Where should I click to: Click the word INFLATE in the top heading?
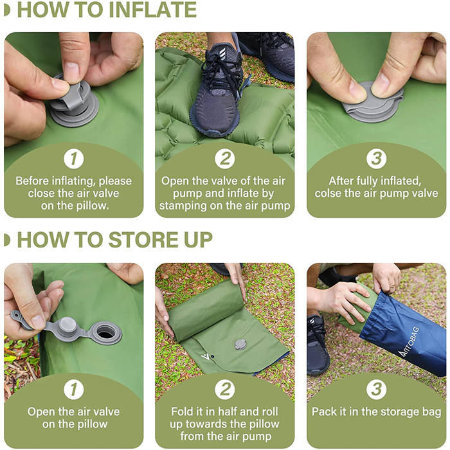(x=153, y=10)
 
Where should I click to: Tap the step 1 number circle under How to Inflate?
(x=74, y=158)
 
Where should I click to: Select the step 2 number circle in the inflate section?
(x=225, y=158)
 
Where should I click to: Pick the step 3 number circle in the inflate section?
(x=376, y=158)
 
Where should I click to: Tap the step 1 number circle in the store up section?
(x=74, y=390)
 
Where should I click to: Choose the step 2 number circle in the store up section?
(x=225, y=390)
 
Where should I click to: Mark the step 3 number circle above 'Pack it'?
(x=376, y=390)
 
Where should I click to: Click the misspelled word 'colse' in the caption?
(x=327, y=194)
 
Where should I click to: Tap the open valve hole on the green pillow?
(x=106, y=333)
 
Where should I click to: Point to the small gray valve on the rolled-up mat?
(x=240, y=344)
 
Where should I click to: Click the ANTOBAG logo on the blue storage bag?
(x=410, y=341)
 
